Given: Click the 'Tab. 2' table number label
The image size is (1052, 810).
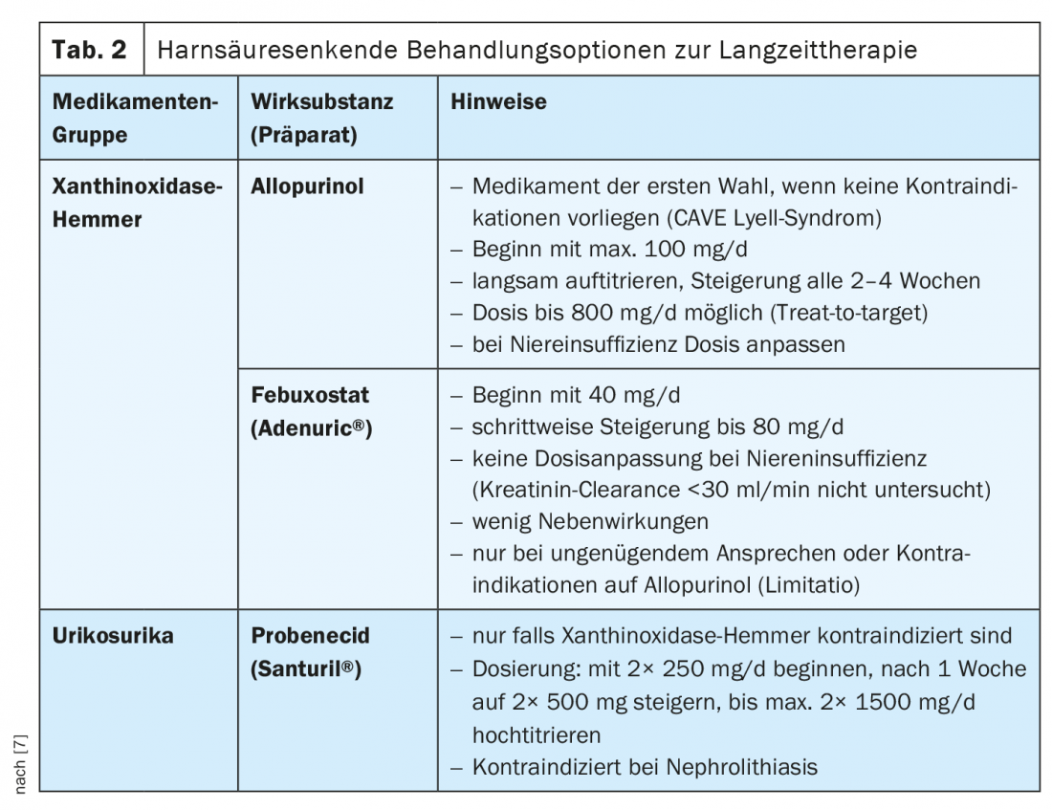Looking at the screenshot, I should [89, 50].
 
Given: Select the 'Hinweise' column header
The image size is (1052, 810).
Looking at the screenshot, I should [498, 101].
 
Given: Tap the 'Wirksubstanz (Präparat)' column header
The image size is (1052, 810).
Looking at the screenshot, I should [321, 118].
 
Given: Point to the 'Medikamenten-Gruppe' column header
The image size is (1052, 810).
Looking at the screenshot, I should [135, 118].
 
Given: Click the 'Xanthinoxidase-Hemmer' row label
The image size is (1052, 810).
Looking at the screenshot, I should [136, 202].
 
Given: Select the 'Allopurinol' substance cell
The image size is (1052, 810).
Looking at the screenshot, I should [307, 186].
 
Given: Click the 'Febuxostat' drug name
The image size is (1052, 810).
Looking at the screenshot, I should [310, 395].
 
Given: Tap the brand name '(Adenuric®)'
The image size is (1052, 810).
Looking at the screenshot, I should [311, 428].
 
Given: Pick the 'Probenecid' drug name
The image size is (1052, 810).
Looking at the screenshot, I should [310, 635].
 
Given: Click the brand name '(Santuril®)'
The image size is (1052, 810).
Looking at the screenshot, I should [305, 668].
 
